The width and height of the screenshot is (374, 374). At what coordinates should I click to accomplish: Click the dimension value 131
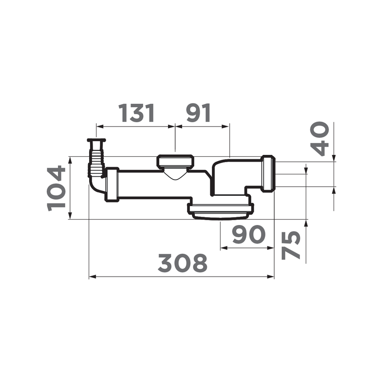pos(137,113)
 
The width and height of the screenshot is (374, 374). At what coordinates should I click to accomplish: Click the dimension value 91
pos(199,113)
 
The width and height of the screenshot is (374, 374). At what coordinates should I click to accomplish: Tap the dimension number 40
pos(319,139)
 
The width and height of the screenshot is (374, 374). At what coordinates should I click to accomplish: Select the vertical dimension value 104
pos(56,188)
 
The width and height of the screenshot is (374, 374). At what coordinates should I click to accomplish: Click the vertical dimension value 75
pos(291,245)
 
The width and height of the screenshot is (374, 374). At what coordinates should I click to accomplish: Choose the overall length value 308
pos(183,263)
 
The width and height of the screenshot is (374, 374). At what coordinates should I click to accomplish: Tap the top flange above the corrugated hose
pos(96,140)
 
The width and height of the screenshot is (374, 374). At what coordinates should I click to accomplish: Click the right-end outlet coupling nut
pos(268,173)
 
